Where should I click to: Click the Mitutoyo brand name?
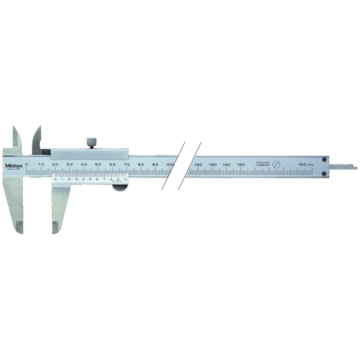click(14, 166)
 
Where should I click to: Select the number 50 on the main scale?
click(98, 164)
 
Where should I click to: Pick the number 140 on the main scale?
click(226, 165)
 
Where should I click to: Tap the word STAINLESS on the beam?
click(263, 162)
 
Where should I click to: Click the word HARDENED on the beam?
click(263, 166)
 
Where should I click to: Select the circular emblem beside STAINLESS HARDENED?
click(277, 164)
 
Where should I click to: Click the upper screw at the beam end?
click(324, 160)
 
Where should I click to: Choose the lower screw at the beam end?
click(324, 174)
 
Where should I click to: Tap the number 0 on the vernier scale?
click(55, 179)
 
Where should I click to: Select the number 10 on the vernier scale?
click(125, 179)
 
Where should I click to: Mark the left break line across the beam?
click(173, 166)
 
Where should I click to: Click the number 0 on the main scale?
click(26, 164)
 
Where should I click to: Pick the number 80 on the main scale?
click(141, 164)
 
